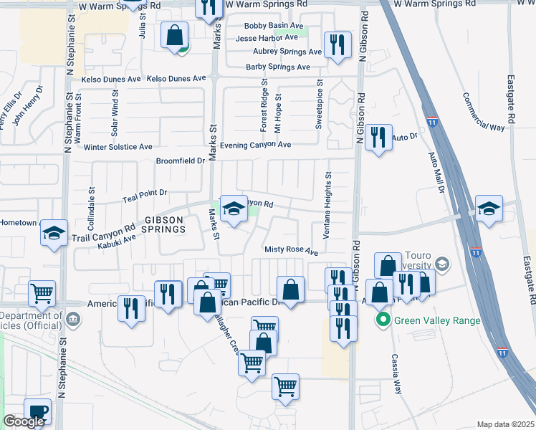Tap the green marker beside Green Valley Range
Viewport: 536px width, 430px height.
coord(384,320)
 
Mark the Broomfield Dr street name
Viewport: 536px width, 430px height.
coord(181,161)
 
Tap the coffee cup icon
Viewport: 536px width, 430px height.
coord(37,411)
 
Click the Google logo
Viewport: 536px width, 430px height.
coord(24,421)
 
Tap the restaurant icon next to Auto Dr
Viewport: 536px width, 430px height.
coord(378,136)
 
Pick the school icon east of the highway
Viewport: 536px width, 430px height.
coord(489,209)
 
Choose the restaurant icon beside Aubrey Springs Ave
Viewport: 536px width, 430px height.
coord(335,44)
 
